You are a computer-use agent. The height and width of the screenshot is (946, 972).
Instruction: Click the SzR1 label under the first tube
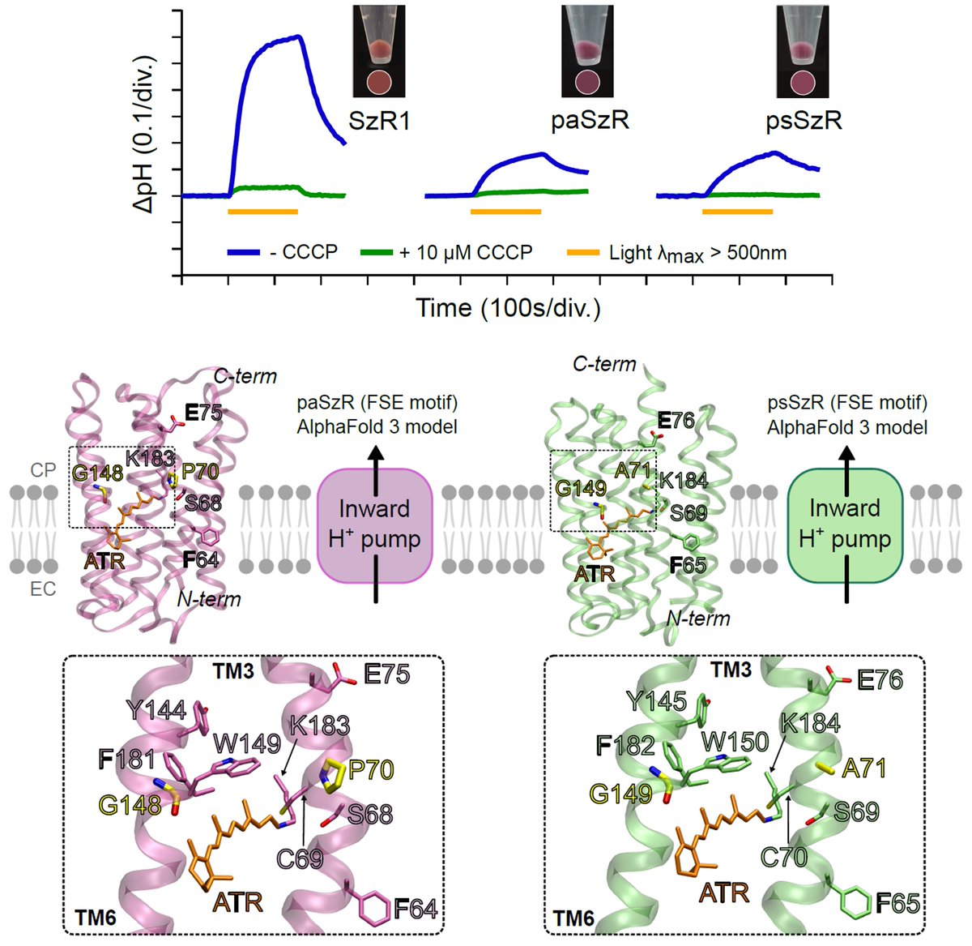(379, 121)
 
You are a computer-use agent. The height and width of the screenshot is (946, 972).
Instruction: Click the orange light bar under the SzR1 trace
(262, 212)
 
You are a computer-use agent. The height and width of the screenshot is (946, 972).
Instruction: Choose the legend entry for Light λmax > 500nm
(676, 252)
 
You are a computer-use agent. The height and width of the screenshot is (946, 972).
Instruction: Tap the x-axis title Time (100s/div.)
(508, 308)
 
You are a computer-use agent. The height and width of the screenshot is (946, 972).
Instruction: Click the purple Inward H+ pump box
(375, 524)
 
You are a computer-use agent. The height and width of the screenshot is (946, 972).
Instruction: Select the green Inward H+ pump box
(845, 524)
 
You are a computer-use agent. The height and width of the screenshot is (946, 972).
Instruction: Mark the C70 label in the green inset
(784, 856)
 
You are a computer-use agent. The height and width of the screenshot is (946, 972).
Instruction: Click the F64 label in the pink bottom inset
(416, 909)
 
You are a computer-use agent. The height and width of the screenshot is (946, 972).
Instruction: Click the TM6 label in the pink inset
(93, 918)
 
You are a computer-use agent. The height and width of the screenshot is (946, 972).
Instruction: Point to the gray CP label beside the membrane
(43, 470)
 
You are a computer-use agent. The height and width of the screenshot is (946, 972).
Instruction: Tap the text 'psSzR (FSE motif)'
(847, 403)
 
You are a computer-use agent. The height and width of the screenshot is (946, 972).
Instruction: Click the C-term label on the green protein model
(604, 364)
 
